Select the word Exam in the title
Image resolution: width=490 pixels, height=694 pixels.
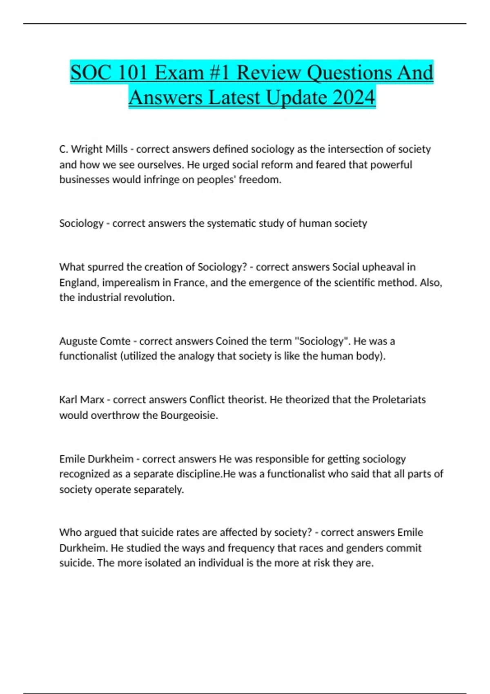coord(180,73)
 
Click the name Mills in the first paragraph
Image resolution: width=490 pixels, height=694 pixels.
coord(116,149)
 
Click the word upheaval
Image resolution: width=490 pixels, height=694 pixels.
coord(379,267)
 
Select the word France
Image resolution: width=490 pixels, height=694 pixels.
coord(190,282)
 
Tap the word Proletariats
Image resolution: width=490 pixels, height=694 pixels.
coord(399,400)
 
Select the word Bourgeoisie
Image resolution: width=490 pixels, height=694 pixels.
coord(189,415)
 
